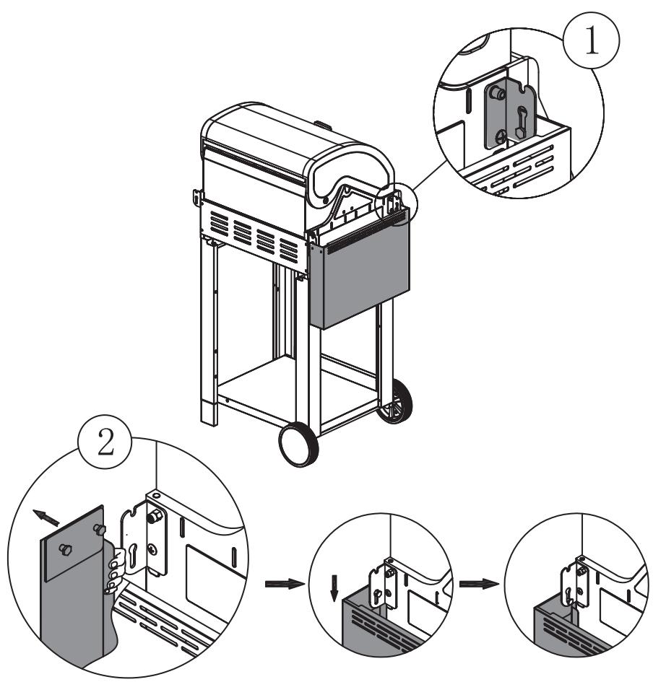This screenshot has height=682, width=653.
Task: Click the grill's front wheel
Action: (x=298, y=444)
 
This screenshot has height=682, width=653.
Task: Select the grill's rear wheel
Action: (x=395, y=401)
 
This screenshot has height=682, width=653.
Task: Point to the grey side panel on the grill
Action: (x=359, y=268)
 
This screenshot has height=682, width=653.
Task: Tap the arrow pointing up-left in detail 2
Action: (x=46, y=517)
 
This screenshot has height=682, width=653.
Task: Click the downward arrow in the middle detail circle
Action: (x=334, y=587)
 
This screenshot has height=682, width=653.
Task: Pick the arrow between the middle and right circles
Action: (x=479, y=584)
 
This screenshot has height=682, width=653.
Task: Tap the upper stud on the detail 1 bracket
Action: (x=497, y=92)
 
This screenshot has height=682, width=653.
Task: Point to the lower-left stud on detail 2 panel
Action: (x=66, y=549)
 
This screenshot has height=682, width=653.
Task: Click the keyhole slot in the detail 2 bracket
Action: (x=133, y=555)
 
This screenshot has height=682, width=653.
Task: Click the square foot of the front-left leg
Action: (x=209, y=413)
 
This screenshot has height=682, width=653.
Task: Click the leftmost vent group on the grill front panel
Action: (x=219, y=224)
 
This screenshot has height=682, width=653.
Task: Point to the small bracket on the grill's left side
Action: (x=197, y=197)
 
